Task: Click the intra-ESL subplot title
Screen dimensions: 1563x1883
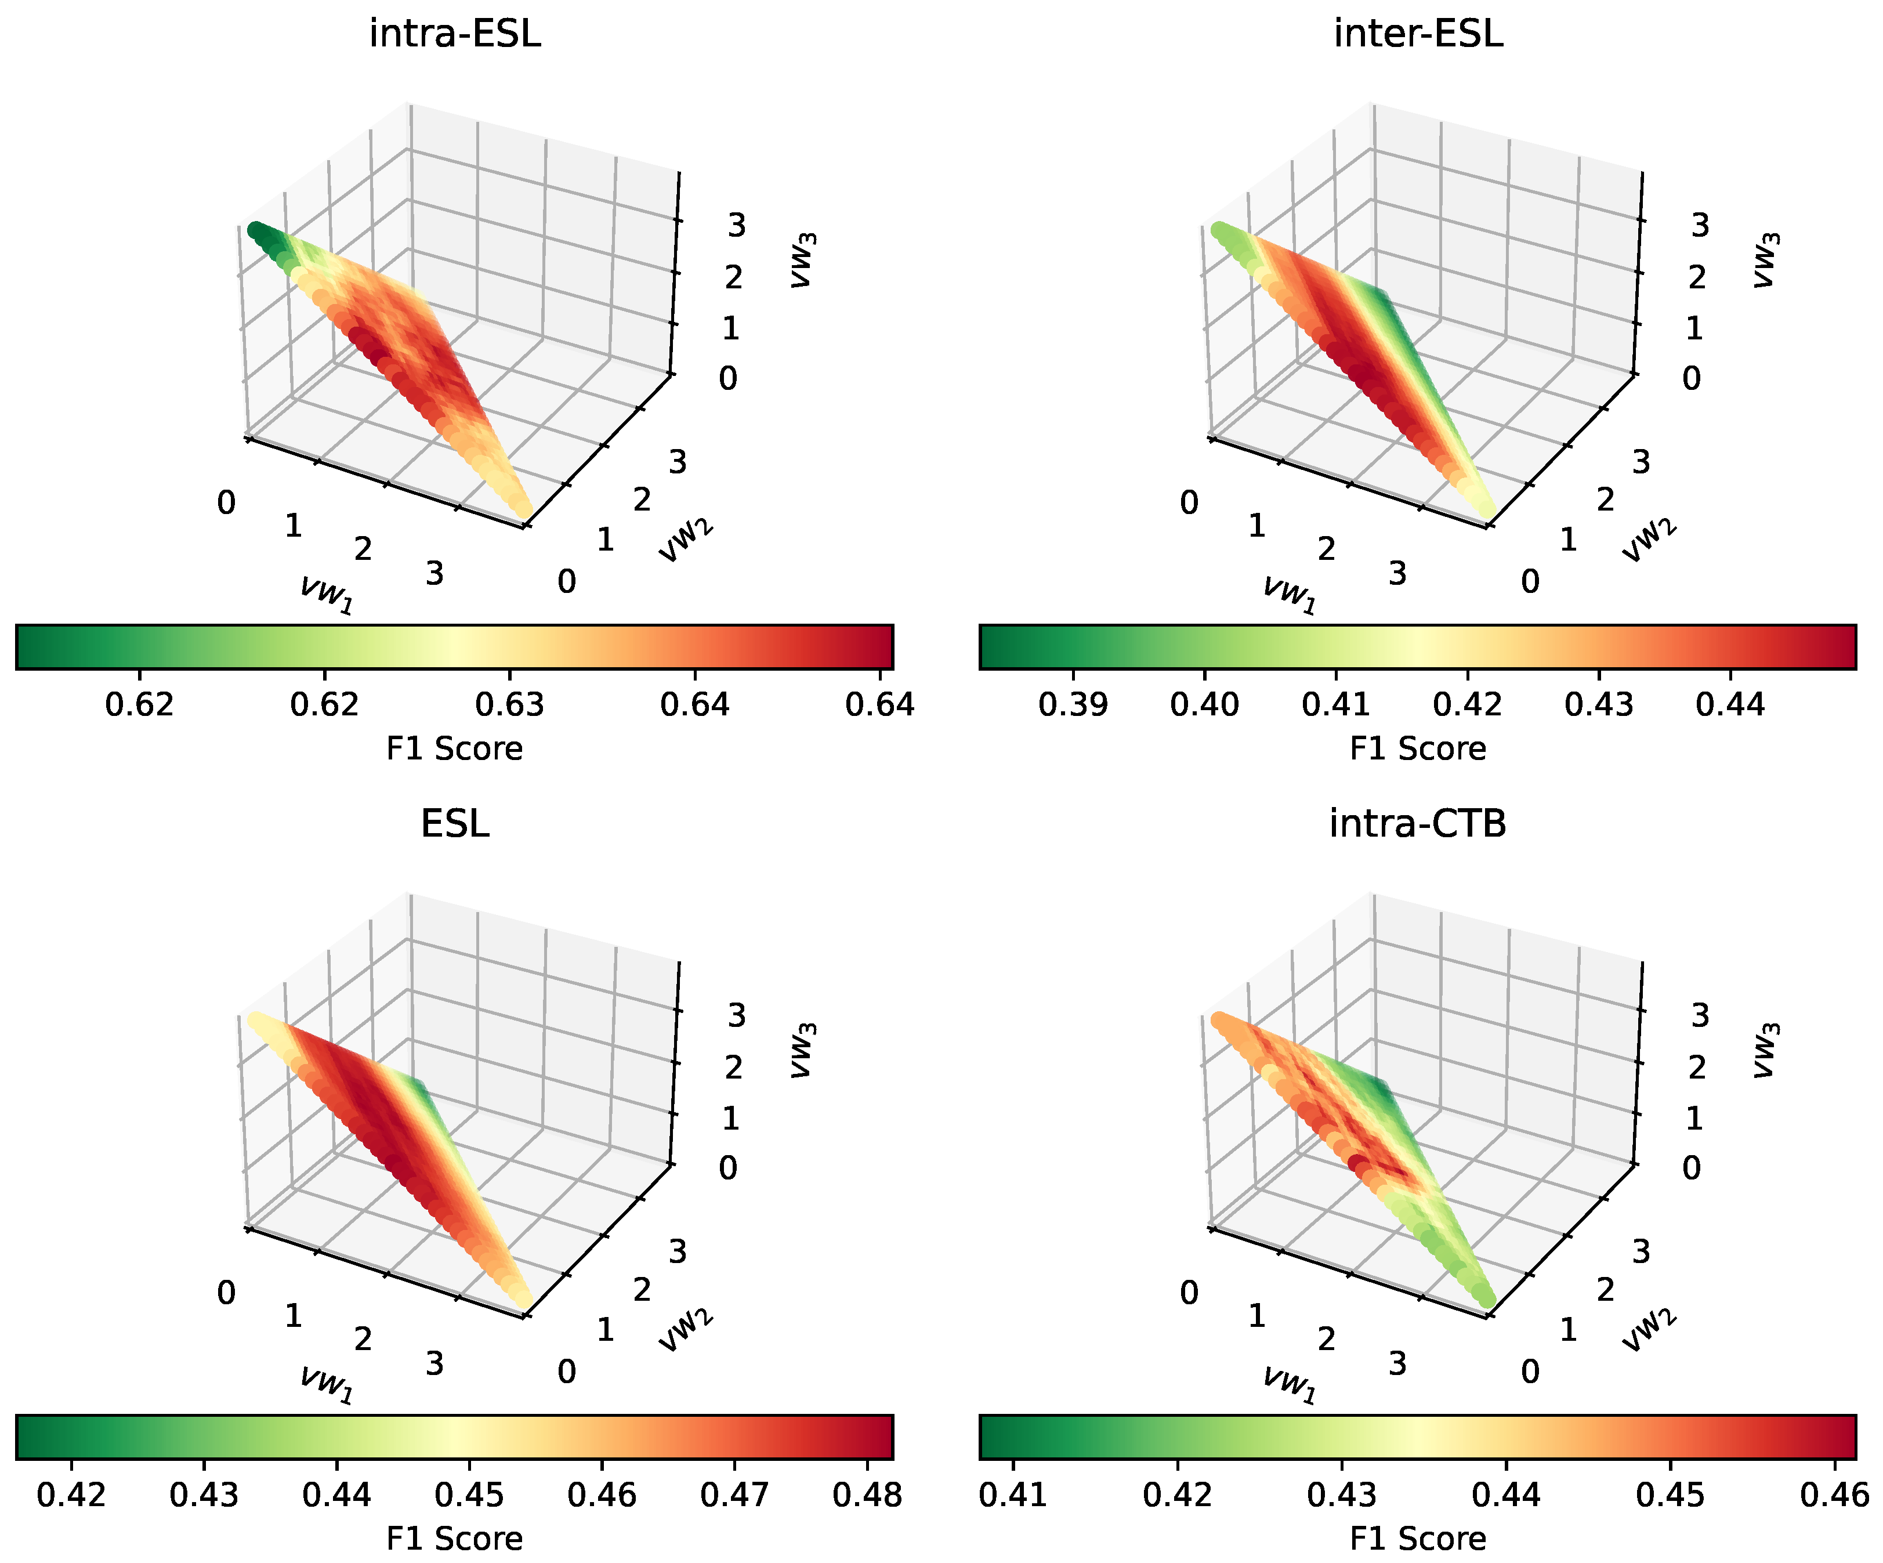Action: (455, 34)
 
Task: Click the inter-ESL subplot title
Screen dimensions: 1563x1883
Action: (1418, 34)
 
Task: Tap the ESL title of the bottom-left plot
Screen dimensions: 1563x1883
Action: (455, 823)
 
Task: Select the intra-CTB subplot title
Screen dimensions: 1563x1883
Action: (1418, 823)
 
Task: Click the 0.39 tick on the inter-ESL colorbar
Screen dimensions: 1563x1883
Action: (1073, 705)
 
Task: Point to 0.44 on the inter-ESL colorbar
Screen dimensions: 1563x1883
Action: (1730, 705)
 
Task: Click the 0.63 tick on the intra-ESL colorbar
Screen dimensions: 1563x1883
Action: (509, 705)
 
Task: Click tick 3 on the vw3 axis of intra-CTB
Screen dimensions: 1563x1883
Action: (1699, 1015)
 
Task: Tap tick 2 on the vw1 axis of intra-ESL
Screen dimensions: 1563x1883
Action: (362, 548)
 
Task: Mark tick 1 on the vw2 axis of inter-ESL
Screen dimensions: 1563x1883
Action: (1567, 539)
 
